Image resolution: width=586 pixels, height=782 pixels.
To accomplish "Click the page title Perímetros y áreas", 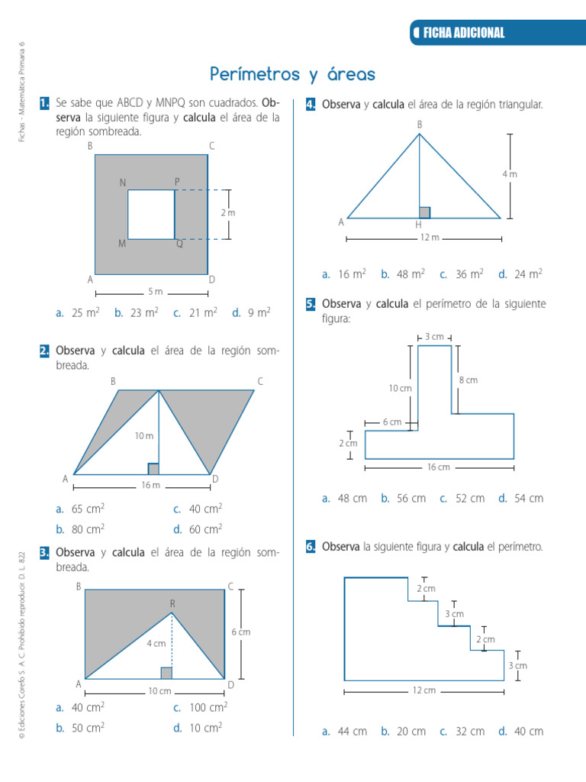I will tap(293, 74).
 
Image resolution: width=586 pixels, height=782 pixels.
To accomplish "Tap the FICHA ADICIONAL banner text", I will tap(464, 33).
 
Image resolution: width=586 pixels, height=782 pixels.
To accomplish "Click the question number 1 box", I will tap(44, 102).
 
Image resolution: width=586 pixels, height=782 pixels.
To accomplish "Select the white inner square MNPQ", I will tap(151, 215).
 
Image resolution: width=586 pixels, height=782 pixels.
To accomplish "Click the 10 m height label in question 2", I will tap(144, 435).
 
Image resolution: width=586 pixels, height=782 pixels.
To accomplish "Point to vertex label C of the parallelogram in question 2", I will tap(260, 381).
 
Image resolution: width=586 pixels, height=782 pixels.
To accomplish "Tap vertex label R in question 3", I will tap(172, 604).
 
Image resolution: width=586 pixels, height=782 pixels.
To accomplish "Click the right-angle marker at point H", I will tap(425, 212).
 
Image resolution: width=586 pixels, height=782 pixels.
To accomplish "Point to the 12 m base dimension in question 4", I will tap(430, 238).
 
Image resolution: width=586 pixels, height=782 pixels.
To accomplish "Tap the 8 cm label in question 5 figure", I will tap(468, 380).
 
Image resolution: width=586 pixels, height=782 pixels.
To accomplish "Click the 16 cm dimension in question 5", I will tap(438, 467).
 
